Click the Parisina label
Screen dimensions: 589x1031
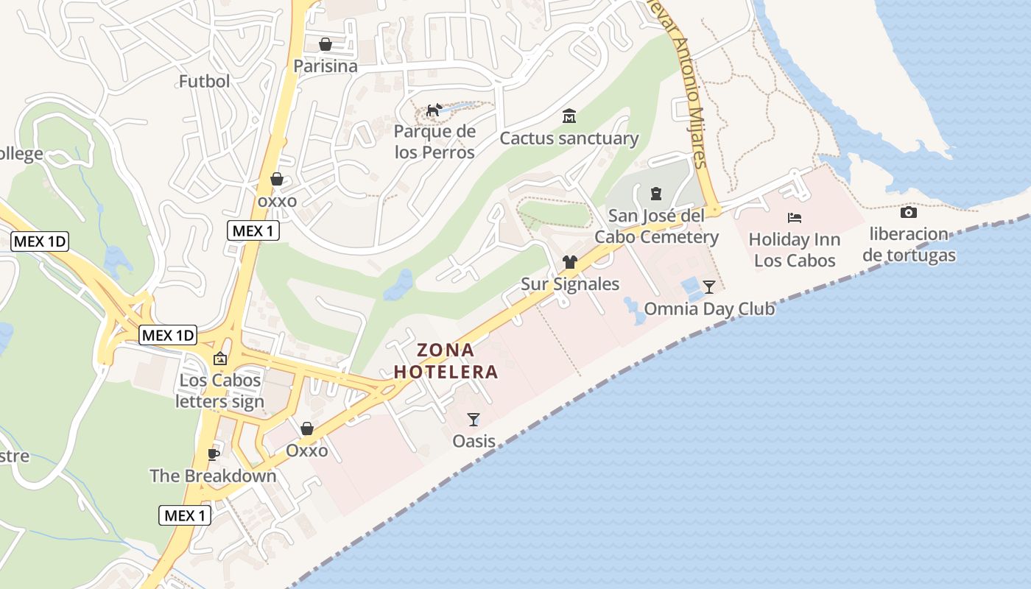(326, 66)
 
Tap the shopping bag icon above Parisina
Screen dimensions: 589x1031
(326, 45)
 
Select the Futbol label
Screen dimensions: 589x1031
(205, 81)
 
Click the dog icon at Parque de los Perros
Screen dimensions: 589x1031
(434, 110)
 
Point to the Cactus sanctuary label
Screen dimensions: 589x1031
(569, 138)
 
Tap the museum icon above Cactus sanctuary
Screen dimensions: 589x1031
(569, 116)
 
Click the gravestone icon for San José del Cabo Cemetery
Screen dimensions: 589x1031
(656, 194)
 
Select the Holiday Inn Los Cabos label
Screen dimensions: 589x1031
(795, 250)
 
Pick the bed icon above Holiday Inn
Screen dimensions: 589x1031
(795, 218)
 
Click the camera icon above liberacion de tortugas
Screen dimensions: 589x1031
(909, 213)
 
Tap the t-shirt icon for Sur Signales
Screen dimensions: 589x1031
(570, 262)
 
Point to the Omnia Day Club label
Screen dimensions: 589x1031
(709, 308)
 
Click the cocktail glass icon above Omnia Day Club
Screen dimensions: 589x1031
(709, 286)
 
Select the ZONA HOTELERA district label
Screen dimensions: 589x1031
(446, 361)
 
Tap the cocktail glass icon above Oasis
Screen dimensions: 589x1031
(474, 420)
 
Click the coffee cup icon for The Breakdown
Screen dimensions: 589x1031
(214, 454)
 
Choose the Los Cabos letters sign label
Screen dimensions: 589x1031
(220, 391)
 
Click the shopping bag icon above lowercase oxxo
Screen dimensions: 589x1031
(277, 179)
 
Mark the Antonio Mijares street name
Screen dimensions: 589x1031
(693, 103)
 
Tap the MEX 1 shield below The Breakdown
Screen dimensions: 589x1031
(186, 515)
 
